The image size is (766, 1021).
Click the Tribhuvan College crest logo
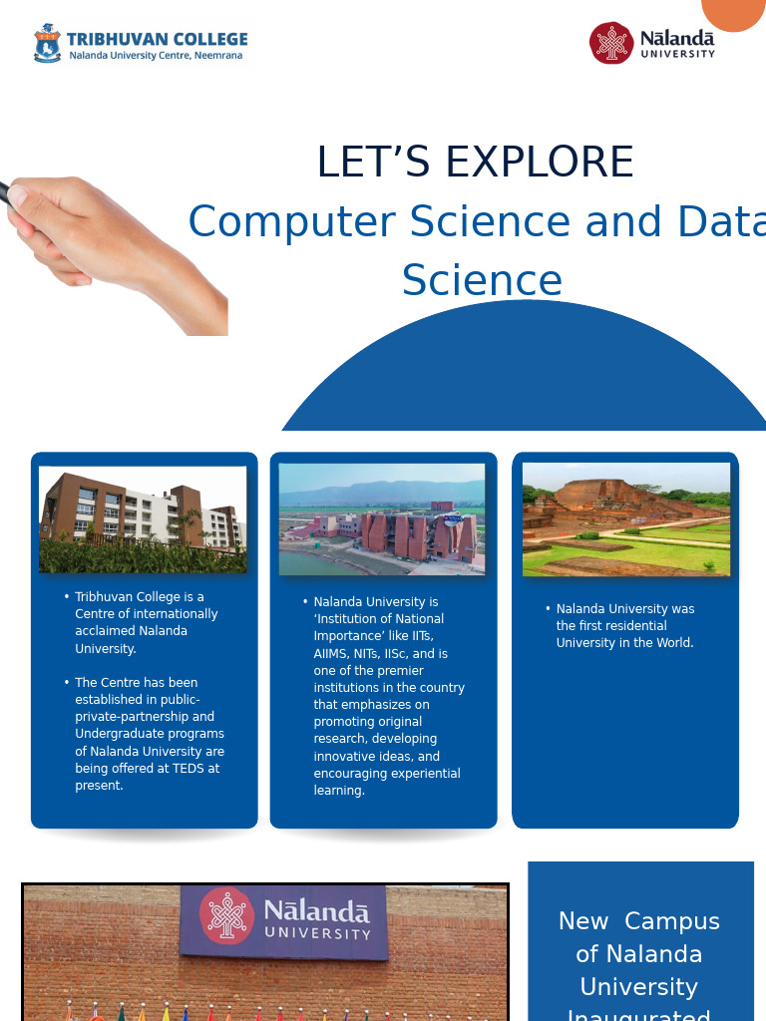click(x=47, y=44)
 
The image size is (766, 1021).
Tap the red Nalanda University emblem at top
click(x=611, y=43)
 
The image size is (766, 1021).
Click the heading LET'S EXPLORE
click(x=475, y=163)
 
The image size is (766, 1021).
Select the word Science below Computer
click(x=482, y=281)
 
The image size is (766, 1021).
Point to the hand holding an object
click(x=110, y=249)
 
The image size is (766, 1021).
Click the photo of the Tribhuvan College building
click(x=143, y=519)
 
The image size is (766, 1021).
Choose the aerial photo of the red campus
click(x=382, y=519)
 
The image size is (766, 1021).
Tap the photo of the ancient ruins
click(x=626, y=519)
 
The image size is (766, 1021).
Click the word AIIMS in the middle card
click(x=330, y=654)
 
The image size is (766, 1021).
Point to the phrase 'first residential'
click(x=624, y=626)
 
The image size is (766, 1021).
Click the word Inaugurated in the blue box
click(x=638, y=1013)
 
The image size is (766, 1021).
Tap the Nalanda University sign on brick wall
click(x=283, y=921)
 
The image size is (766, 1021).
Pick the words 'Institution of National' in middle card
click(x=379, y=619)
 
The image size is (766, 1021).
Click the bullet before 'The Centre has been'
click(x=67, y=683)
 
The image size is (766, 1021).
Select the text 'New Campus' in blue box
click(x=638, y=921)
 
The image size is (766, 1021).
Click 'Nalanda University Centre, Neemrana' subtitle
click(x=156, y=56)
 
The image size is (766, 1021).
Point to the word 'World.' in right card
click(x=673, y=643)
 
